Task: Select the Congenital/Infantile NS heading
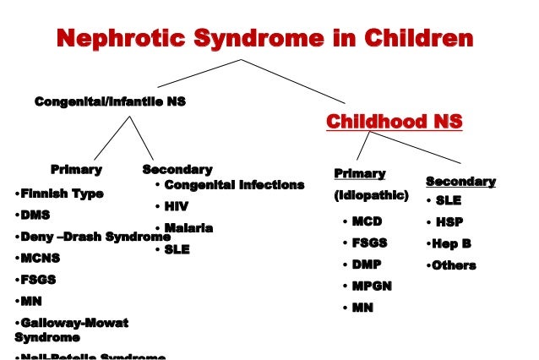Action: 109,101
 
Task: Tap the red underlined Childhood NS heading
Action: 395,123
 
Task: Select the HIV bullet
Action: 175,207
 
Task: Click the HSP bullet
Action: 449,222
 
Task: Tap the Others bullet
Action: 453,265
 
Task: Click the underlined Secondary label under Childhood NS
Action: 460,182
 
